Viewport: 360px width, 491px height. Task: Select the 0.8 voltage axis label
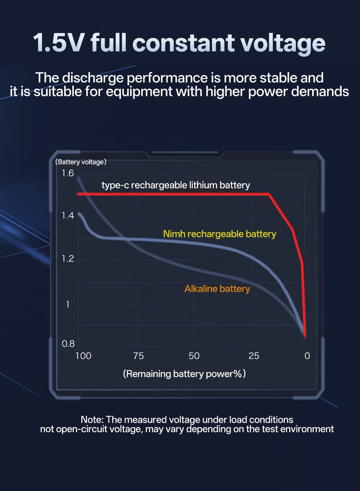coord(68,344)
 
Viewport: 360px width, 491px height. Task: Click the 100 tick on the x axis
coord(83,356)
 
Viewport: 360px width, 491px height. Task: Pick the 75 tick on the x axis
coord(139,356)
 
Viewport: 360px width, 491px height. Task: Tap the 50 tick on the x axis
coord(194,356)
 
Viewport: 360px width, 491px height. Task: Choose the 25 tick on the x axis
coord(254,356)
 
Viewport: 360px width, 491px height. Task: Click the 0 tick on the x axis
coord(307,356)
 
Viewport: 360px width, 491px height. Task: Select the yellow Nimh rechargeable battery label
coord(220,234)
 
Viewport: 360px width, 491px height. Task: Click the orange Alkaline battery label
coord(217,288)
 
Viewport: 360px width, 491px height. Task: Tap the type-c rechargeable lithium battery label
coord(175,185)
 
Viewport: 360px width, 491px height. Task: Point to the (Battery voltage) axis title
coord(81,162)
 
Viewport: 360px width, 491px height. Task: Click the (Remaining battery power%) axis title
coord(184,374)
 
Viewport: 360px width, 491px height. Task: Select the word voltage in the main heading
coord(282,44)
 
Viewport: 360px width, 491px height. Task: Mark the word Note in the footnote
coord(91,420)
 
